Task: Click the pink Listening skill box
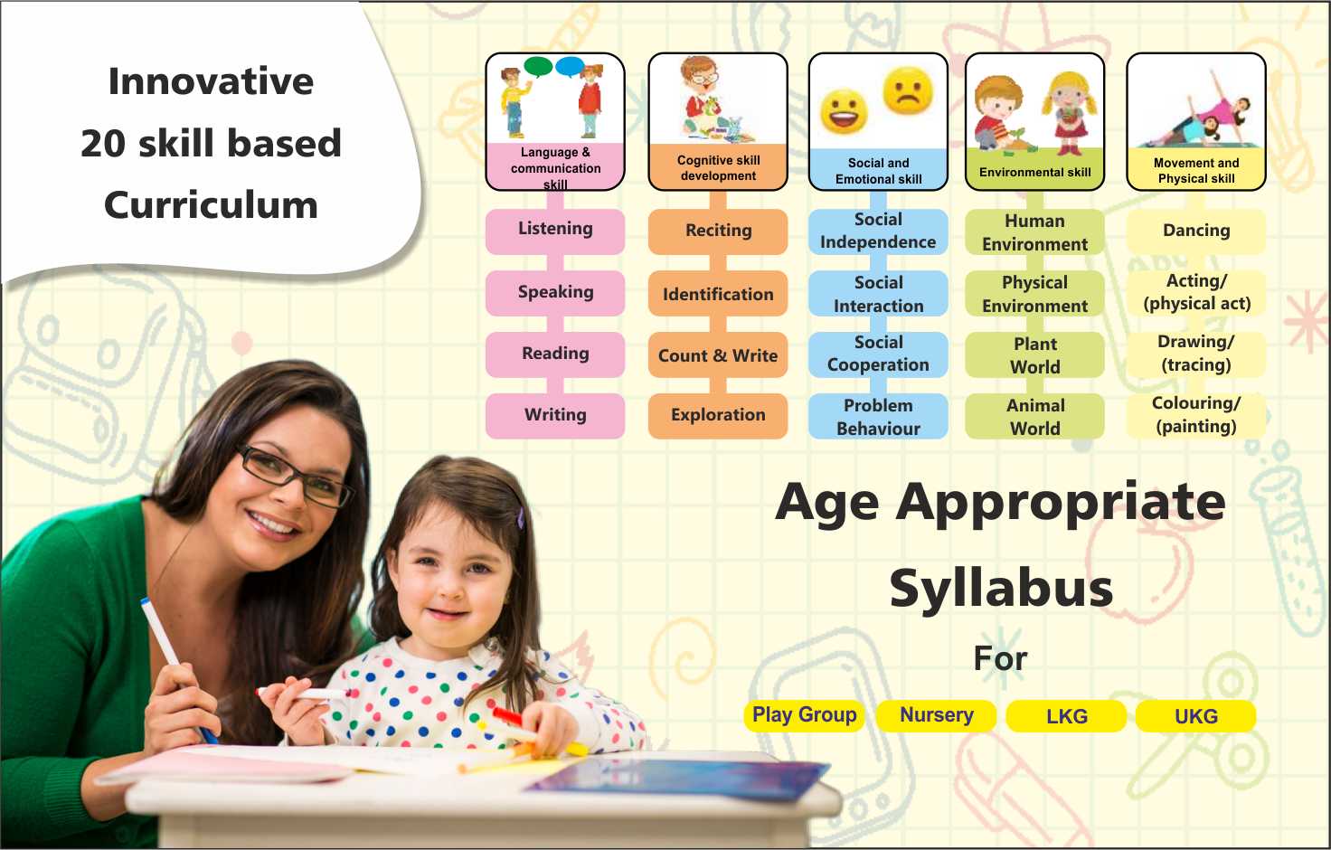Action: tap(555, 231)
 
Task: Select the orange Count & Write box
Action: tap(718, 354)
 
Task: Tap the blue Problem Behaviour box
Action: tap(878, 416)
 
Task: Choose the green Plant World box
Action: tap(1034, 354)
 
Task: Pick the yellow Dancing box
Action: tap(1196, 231)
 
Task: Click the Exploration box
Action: tap(718, 416)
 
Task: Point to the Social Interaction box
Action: tap(878, 293)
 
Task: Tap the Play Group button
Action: tap(805, 715)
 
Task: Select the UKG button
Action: tap(1195, 715)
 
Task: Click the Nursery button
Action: tap(937, 715)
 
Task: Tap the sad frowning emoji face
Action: tap(908, 90)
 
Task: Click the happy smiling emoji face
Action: tap(844, 111)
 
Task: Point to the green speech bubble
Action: tap(539, 67)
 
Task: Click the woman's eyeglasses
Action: tap(294, 476)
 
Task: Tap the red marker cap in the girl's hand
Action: tap(506, 715)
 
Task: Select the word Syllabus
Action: tap(1001, 588)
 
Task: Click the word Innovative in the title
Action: tap(211, 80)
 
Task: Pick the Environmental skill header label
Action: tap(1034, 172)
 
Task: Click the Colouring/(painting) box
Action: tap(1196, 416)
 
